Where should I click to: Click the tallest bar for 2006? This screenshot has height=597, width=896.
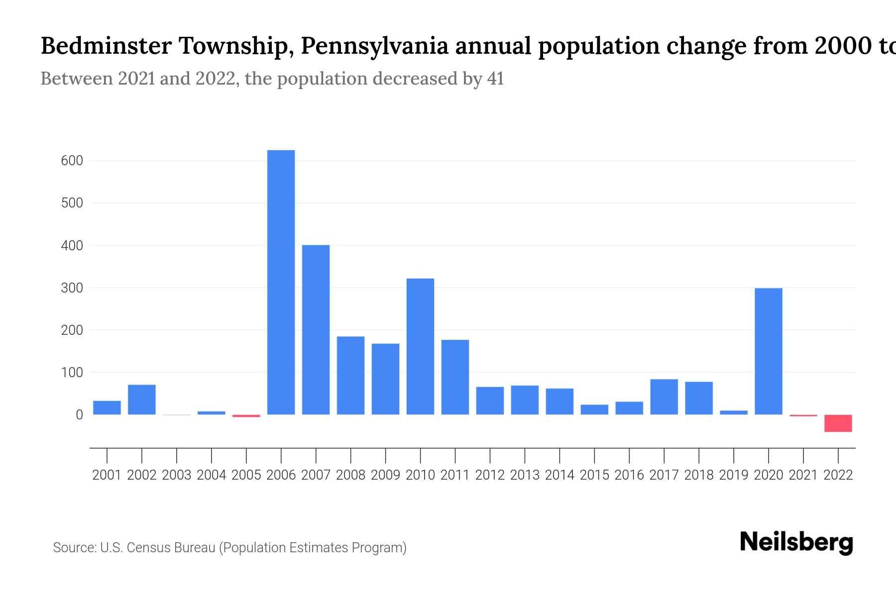click(x=281, y=282)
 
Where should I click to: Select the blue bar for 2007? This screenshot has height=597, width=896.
click(x=316, y=329)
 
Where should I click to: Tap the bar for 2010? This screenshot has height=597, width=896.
click(x=420, y=346)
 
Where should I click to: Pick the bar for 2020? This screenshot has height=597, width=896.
click(x=768, y=351)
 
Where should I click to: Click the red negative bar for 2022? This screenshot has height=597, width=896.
click(x=838, y=423)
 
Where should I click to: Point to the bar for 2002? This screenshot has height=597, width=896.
click(x=142, y=399)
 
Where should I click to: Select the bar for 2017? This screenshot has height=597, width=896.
click(x=664, y=397)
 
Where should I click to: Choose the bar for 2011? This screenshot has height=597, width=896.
click(x=455, y=377)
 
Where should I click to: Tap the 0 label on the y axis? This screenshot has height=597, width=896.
click(x=79, y=415)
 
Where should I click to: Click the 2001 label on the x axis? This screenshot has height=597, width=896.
click(x=107, y=475)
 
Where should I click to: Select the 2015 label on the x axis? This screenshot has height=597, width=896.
click(x=594, y=475)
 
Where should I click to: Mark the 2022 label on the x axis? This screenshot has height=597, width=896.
click(x=838, y=475)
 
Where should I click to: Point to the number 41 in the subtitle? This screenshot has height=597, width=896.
click(x=495, y=79)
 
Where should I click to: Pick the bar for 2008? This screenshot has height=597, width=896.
click(x=350, y=376)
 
